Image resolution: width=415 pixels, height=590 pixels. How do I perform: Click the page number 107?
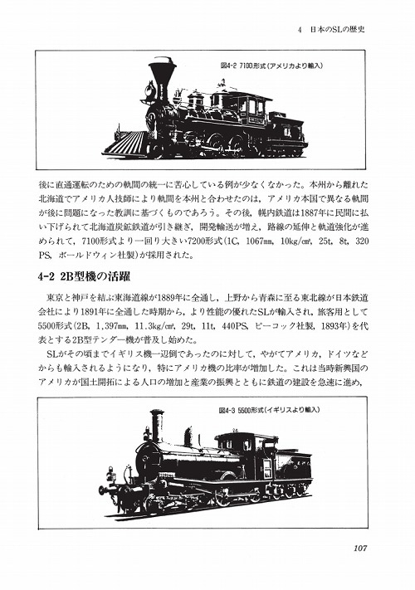pos(364,545)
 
